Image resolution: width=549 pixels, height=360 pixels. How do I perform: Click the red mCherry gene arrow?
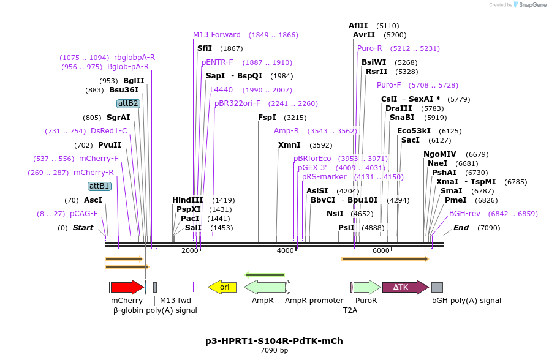pyautogui.click(x=127, y=287)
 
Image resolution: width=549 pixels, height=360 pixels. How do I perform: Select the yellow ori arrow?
pyautogui.click(x=222, y=287)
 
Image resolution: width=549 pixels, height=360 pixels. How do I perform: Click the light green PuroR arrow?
pyautogui.click(x=367, y=287)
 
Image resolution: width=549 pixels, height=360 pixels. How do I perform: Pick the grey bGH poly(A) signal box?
pyautogui.click(x=437, y=287)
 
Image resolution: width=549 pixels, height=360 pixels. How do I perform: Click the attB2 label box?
pyautogui.click(x=129, y=103)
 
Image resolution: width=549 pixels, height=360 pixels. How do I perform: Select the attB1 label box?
pyautogui.click(x=99, y=186)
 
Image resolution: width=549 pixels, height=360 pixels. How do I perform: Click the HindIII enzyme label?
pyautogui.click(x=187, y=200)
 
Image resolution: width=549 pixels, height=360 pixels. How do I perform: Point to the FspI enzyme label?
pyautogui.click(x=267, y=118)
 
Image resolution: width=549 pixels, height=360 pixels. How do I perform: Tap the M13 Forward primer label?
pyautogui.click(x=217, y=35)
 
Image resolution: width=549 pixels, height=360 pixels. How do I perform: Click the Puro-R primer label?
pyautogui.click(x=369, y=48)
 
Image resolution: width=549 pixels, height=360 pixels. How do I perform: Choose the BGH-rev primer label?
pyautogui.click(x=464, y=214)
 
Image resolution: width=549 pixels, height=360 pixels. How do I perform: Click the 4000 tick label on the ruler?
pyautogui.click(x=286, y=250)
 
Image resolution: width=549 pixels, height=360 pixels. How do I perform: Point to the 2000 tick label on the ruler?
pyautogui.click(x=190, y=250)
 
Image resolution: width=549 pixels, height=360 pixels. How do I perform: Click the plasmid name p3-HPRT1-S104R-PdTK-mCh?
pyautogui.click(x=274, y=340)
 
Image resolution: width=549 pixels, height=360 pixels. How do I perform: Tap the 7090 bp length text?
pyautogui.click(x=274, y=351)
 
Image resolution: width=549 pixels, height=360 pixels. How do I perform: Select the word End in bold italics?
pyautogui.click(x=461, y=228)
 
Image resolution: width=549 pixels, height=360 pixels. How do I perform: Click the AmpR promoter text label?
pyautogui.click(x=314, y=301)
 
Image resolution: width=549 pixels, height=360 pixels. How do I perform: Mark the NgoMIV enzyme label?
pyautogui.click(x=439, y=154)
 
